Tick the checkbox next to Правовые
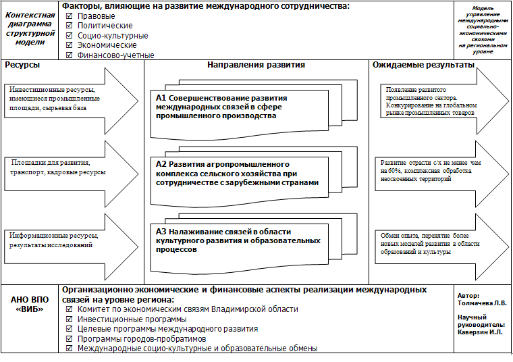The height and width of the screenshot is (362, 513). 69,16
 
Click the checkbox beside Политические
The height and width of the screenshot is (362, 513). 69,26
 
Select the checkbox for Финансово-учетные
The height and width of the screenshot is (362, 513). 69,55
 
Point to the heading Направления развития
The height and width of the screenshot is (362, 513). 256,66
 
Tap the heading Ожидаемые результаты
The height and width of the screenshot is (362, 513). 423,66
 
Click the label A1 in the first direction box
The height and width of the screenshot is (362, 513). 161,99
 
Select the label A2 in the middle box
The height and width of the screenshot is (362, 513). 161,164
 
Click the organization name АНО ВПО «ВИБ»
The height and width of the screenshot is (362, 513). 30,305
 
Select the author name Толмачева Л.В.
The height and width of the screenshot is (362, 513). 481,303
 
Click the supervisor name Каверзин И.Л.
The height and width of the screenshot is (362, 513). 481,332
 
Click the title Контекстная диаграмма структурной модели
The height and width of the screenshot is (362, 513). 30,28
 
